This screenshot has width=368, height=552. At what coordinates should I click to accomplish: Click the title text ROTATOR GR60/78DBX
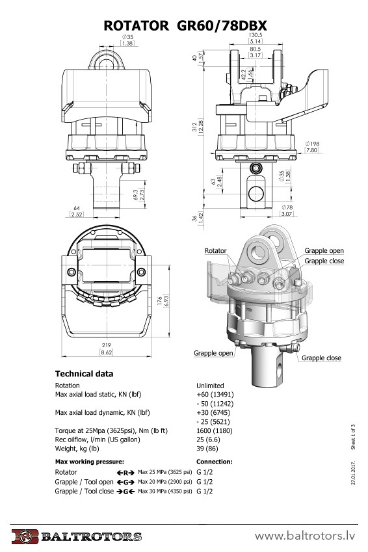point(185,26)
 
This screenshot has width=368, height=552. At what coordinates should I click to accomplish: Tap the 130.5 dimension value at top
point(256,35)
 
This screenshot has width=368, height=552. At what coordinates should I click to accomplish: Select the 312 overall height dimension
point(195,127)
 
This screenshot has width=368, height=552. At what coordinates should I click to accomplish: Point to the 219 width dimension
point(106,345)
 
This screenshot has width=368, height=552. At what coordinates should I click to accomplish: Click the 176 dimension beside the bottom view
point(160,300)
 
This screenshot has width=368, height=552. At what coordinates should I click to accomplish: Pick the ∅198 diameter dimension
point(312,144)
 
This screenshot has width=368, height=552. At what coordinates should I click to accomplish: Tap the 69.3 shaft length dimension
point(136,194)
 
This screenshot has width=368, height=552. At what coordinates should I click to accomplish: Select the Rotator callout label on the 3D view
point(215,251)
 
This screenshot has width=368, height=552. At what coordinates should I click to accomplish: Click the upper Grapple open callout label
point(324,251)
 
